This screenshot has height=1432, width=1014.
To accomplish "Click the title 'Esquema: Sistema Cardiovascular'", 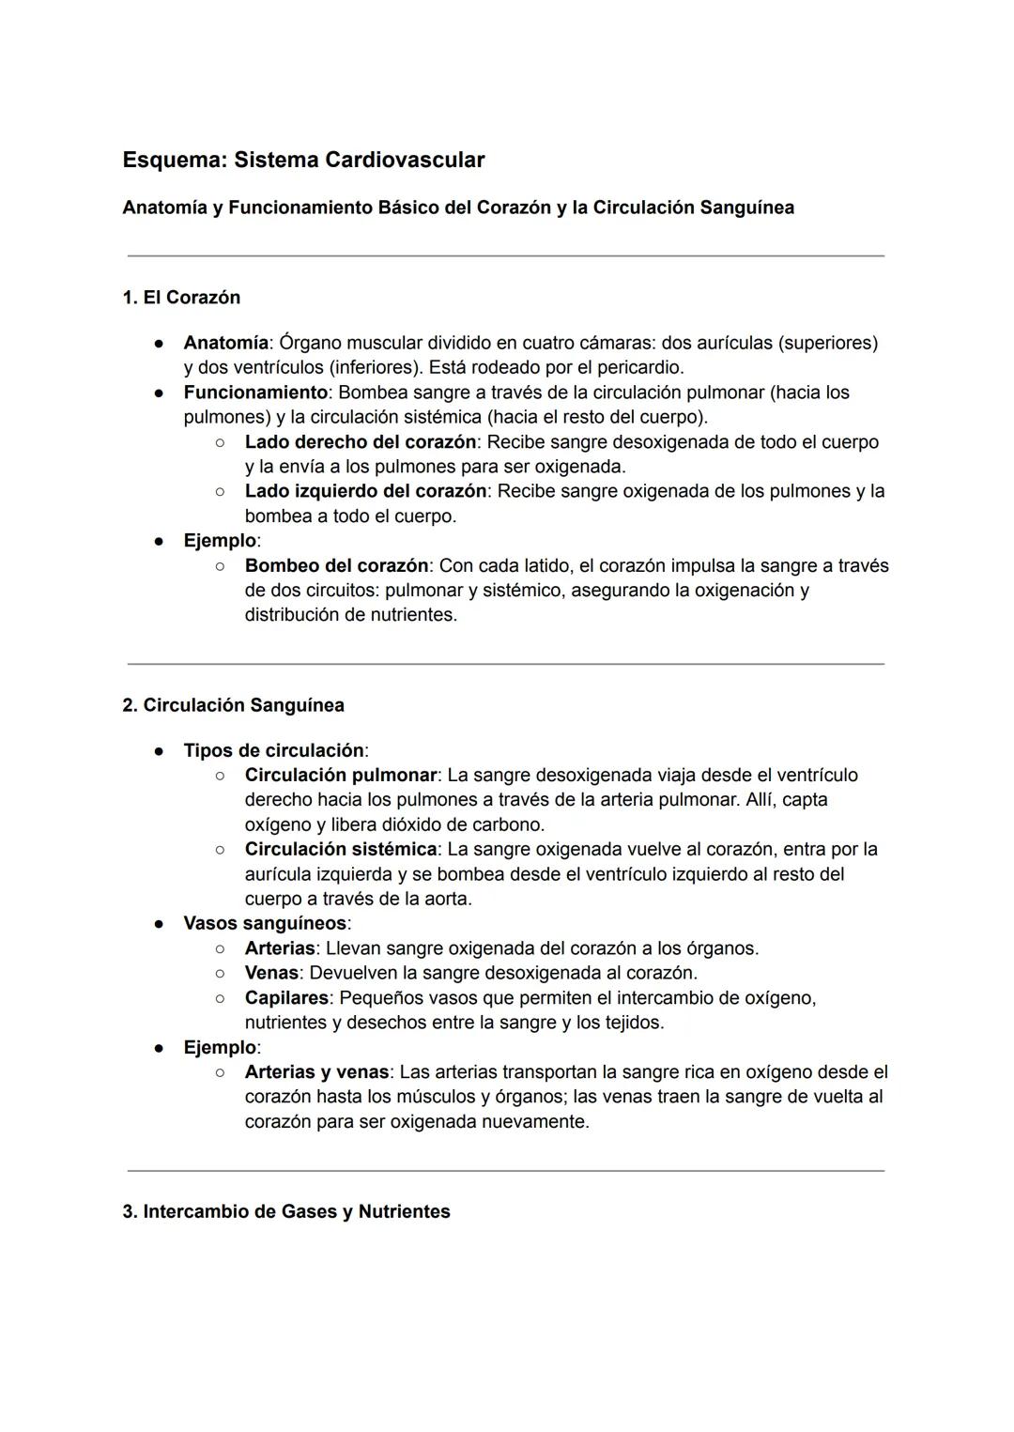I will [x=303, y=160].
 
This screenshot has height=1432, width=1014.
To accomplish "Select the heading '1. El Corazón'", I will [x=181, y=298].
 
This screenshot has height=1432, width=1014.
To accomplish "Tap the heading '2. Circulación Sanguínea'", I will [x=233, y=705].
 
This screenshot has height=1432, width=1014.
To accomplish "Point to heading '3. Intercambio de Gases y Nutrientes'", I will [x=286, y=1211].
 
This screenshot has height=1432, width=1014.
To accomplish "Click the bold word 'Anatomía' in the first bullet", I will [x=225, y=343].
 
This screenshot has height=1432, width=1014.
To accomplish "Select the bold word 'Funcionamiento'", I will [x=255, y=393].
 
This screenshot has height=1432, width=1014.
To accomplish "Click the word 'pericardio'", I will [x=636, y=367].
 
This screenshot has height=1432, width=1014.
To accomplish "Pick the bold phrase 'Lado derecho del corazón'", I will [x=361, y=442].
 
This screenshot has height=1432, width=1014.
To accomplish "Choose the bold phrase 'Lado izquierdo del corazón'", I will [x=365, y=491].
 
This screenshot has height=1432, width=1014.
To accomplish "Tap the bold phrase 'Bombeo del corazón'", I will [x=336, y=566].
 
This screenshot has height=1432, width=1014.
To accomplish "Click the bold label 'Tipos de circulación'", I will [x=273, y=750].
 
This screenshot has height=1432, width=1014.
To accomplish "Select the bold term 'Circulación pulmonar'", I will [x=340, y=776].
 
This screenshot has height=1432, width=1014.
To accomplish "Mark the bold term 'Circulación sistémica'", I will [x=340, y=850].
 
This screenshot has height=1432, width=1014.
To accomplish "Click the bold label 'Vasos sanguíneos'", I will [x=265, y=923].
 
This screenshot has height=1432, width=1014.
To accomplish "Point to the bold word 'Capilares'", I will [x=286, y=998].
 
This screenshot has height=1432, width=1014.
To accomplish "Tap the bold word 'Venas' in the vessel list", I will [x=271, y=973].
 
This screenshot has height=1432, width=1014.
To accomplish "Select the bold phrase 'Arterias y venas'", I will [x=316, y=1072].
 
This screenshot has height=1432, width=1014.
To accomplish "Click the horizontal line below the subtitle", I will [x=505, y=255].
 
